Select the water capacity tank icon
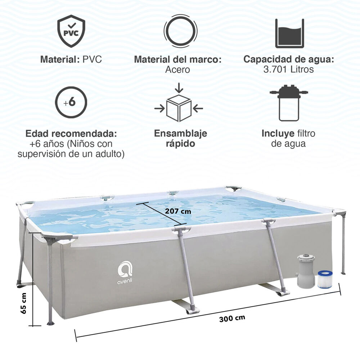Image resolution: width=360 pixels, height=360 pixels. [289, 33]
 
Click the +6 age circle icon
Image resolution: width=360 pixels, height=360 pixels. [71, 102]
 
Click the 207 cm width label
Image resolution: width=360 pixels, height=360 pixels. [178, 211]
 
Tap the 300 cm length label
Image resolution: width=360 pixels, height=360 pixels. [232, 318]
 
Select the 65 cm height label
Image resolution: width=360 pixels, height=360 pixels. [24, 303]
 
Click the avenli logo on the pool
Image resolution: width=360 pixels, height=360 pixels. [125, 273]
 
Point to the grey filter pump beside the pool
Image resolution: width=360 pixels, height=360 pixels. [305, 270]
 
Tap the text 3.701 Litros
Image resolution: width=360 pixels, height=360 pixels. [289, 69]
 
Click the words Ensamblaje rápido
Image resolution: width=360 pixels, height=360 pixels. [180, 139]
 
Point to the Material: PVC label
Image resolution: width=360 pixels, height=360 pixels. [71, 59]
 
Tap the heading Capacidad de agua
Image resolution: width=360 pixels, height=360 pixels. [289, 59]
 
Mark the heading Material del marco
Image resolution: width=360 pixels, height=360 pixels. [177, 59]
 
